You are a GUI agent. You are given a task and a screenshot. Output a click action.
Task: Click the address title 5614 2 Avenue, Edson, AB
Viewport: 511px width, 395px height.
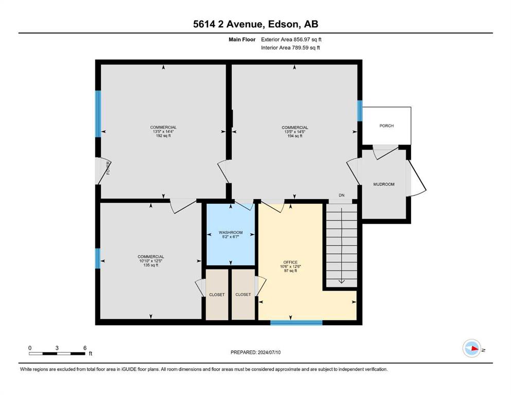tap(255, 24)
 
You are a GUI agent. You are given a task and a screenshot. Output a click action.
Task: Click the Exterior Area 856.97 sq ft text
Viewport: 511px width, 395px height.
tap(291, 40)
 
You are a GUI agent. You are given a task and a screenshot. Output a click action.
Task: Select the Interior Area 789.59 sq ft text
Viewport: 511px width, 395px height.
tap(290, 47)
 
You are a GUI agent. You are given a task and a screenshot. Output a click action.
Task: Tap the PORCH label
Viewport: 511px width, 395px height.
tap(386, 125)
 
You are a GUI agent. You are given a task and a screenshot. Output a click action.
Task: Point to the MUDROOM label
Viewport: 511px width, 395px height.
tap(384, 184)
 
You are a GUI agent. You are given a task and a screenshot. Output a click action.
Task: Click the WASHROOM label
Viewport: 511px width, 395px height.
tap(231, 232)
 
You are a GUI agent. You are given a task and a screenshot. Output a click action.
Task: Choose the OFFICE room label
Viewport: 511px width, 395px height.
tap(290, 262)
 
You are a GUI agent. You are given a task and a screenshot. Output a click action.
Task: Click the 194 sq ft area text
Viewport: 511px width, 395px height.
tap(295, 136)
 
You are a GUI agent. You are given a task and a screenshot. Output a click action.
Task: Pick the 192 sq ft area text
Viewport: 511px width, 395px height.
tap(163, 135)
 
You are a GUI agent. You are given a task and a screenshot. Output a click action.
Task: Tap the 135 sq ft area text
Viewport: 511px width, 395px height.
tap(151, 265)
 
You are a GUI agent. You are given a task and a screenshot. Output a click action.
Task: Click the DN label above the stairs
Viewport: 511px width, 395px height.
tap(342, 195)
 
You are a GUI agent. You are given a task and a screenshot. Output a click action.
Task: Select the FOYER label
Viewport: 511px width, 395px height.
tap(108, 168)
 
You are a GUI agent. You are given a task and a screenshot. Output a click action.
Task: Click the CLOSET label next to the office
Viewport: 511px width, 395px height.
tap(243, 294)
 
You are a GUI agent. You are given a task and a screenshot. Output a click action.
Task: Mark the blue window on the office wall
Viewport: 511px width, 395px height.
tap(296, 322)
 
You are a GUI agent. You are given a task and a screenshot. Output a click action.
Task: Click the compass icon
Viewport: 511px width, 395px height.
tap(471, 348)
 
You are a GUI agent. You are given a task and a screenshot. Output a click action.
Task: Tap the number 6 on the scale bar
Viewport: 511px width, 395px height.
tap(85, 348)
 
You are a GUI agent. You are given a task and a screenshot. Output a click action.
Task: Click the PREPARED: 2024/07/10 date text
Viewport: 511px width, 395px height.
tap(255, 352)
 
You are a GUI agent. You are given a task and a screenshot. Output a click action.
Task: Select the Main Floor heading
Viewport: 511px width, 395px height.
tap(242, 40)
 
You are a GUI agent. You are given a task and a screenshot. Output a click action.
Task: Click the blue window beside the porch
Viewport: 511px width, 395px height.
tap(360, 111)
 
